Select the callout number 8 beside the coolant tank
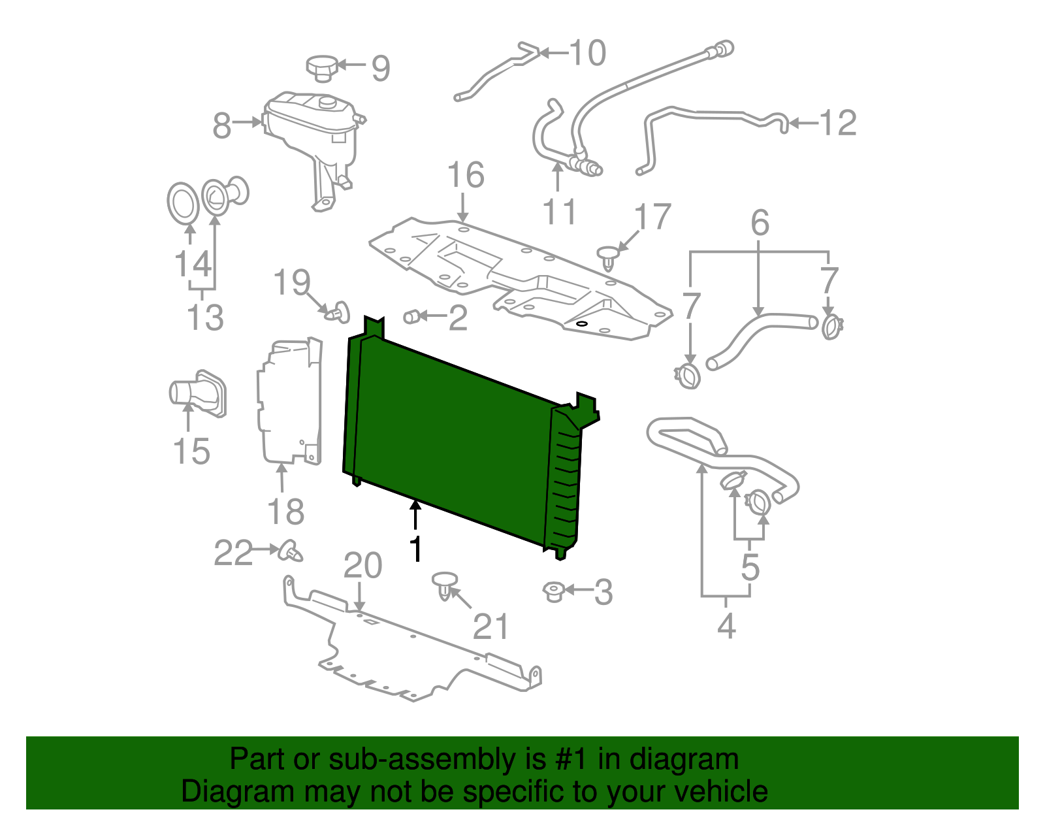tap(222, 125)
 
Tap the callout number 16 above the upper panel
tap(465, 175)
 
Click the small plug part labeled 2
tap(411, 317)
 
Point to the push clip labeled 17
tap(608, 257)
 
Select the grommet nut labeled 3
tap(553, 591)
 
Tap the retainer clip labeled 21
tap(445, 584)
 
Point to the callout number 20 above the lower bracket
tap(362, 565)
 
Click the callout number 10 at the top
tap(587, 53)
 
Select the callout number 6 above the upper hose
tap(760, 223)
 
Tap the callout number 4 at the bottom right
tap(726, 625)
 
